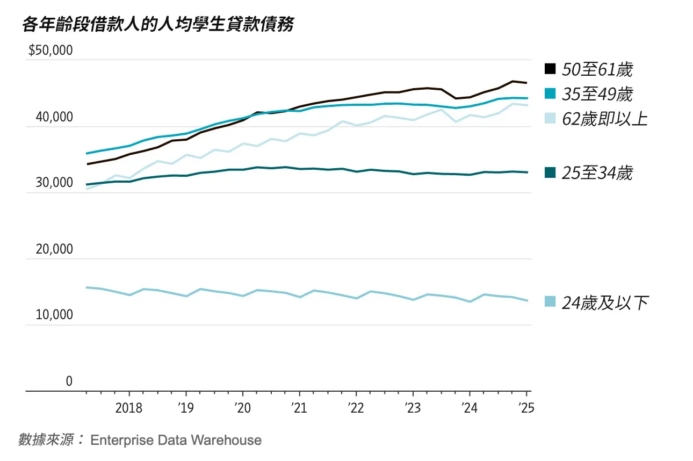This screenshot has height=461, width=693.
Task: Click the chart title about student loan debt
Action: [x=158, y=24]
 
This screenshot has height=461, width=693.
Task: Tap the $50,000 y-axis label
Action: [x=50, y=51]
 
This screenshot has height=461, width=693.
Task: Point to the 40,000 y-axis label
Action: [x=54, y=117]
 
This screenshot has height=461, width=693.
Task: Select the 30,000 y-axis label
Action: [x=54, y=183]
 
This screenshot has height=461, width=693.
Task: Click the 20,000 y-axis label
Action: [x=54, y=249]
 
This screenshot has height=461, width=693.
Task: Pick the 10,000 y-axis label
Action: [x=54, y=315]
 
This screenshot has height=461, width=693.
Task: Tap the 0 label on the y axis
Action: [x=69, y=381]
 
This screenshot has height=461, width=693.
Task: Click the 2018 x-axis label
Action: [x=129, y=408]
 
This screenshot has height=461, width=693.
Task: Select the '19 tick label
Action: [x=185, y=408]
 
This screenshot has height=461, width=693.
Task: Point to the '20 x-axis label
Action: [x=242, y=408]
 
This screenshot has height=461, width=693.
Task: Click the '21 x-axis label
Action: [x=298, y=408]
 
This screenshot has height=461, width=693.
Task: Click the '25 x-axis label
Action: [x=526, y=408]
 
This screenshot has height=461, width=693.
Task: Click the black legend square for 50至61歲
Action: [x=550, y=69]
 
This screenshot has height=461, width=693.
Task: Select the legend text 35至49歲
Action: [x=597, y=95]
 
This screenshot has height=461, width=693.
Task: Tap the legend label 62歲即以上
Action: [x=604, y=119]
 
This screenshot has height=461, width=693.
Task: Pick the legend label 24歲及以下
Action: [x=604, y=302]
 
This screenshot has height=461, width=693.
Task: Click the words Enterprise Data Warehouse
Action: [x=176, y=441]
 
